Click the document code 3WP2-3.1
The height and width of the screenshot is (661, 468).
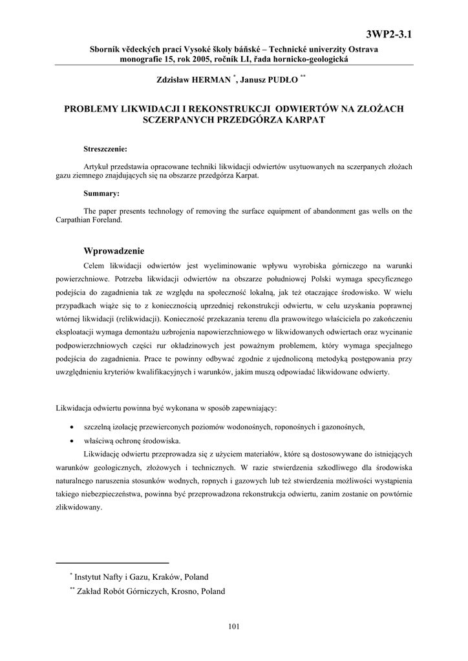point(388,34)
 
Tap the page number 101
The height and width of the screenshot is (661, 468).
point(234,625)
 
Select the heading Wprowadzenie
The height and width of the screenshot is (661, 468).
point(114,250)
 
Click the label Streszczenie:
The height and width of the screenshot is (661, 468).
point(105,149)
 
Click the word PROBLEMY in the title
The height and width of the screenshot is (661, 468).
point(91,108)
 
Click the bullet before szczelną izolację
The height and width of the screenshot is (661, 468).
point(70,427)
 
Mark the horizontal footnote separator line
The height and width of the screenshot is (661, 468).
point(112,562)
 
